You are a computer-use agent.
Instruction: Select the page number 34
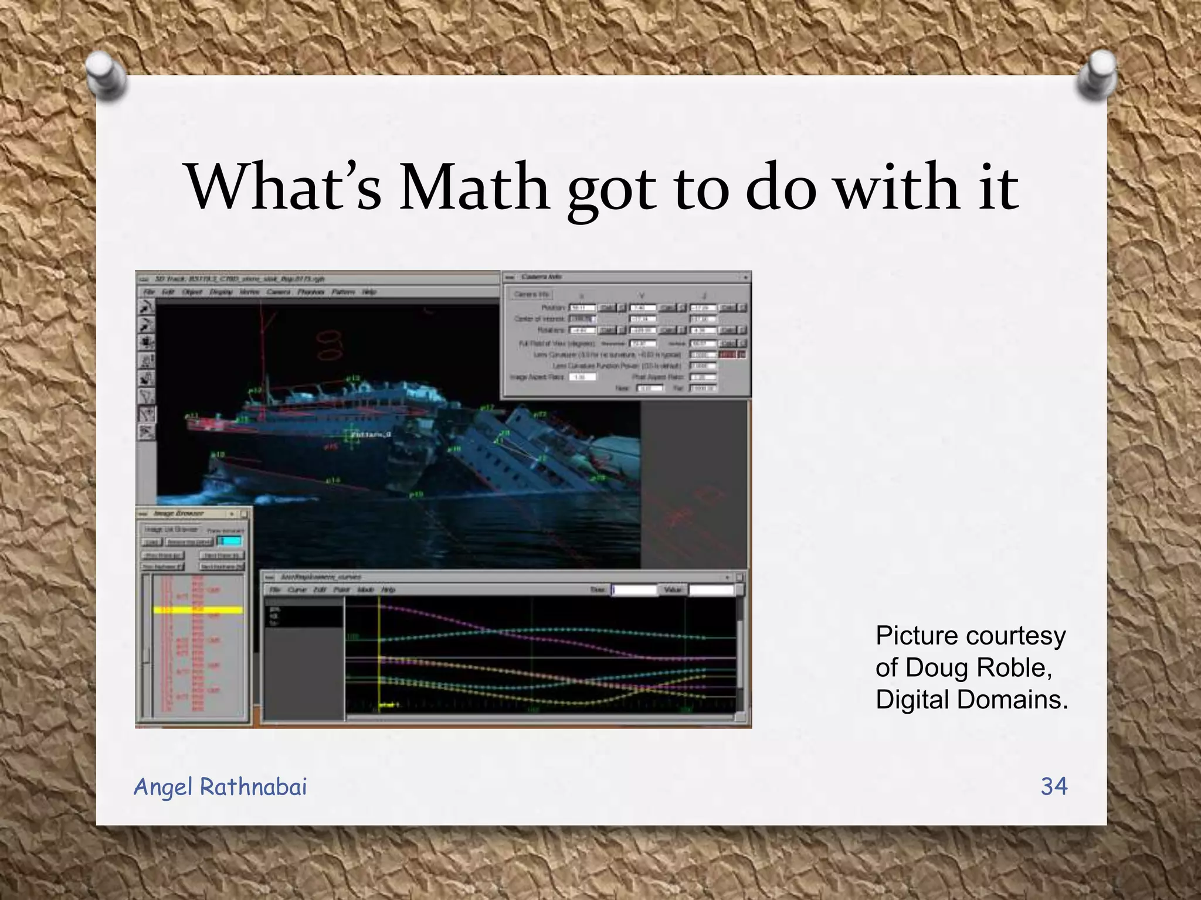[1054, 786]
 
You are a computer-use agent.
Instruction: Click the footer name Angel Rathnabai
[220, 787]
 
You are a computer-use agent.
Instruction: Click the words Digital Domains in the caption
[972, 700]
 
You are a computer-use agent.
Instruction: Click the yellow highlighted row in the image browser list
[198, 610]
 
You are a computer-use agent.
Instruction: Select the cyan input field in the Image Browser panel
[229, 541]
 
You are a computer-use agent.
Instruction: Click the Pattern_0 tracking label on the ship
[371, 435]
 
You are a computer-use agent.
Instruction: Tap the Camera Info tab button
[531, 294]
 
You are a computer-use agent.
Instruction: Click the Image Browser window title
[178, 514]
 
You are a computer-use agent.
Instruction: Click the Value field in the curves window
[711, 589]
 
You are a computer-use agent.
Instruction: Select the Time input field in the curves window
[635, 589]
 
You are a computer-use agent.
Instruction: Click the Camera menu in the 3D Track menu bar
[279, 292]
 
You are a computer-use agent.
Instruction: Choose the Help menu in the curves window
[388, 589]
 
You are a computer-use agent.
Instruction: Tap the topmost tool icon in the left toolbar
[146, 306]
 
